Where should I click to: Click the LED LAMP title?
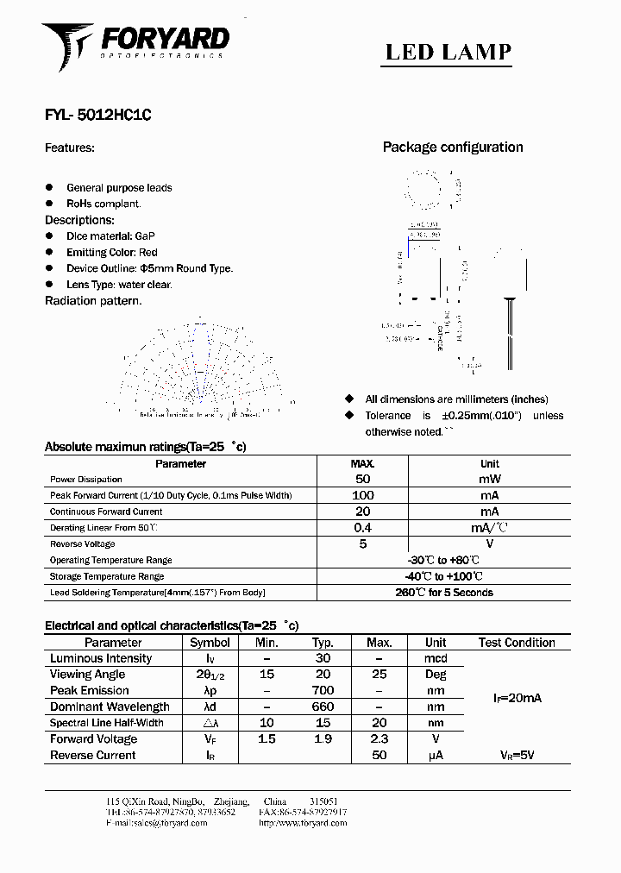coord(448,52)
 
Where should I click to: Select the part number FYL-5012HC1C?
coord(97,115)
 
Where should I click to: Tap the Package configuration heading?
coord(453,148)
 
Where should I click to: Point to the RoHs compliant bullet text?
coord(103,204)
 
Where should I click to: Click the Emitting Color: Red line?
coord(112,252)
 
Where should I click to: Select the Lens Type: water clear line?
coord(119,284)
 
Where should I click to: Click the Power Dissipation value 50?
coord(362,479)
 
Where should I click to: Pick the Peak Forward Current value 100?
coord(362,495)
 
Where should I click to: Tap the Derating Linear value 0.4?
coord(362,527)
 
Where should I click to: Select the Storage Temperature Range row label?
coord(107,576)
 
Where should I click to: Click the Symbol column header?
coord(210,643)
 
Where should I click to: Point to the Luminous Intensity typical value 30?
coord(323,658)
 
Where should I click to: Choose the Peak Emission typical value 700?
coord(323,691)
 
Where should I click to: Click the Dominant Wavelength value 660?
coord(323,707)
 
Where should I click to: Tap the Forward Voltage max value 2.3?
coord(379,739)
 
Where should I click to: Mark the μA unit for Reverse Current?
coord(436,756)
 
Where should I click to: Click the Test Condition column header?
coord(517,643)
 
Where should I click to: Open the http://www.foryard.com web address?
coord(302,823)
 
